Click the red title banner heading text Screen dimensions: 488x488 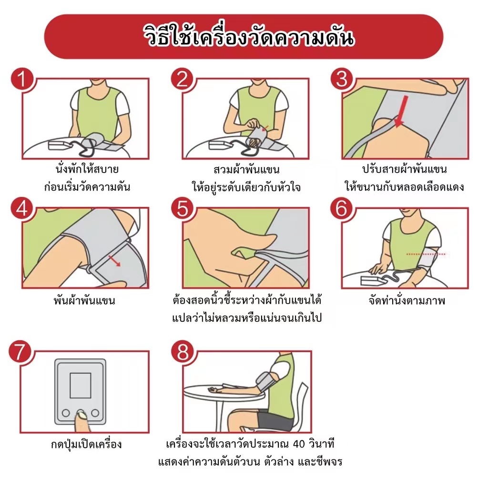(x=248, y=37)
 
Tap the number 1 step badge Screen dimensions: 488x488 (x=22, y=79)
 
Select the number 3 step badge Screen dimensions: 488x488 (x=342, y=79)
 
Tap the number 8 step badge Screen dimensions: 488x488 (x=183, y=352)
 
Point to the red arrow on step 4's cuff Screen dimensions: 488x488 (x=114, y=261)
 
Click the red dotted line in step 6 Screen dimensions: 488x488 (x=426, y=254)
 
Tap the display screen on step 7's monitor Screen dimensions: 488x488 (x=80, y=385)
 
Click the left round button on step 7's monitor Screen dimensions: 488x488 (x=66, y=413)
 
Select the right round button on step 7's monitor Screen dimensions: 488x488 (x=95, y=413)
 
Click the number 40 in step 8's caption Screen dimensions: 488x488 (x=299, y=444)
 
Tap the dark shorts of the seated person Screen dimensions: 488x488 (x=276, y=420)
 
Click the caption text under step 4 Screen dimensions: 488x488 (x=84, y=301)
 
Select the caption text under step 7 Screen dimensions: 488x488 (x=86, y=444)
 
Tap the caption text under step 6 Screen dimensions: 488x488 (x=407, y=301)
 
